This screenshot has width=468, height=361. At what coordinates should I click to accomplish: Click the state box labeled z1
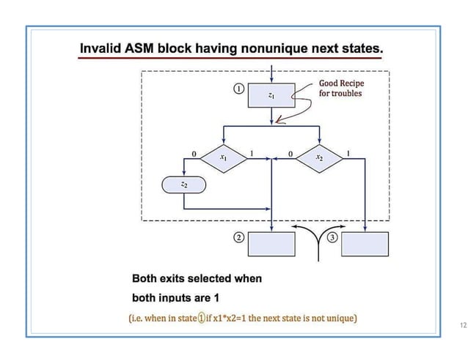(271, 95)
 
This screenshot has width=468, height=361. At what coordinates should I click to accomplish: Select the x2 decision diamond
(319, 157)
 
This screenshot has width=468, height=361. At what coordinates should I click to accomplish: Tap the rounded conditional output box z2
(183, 186)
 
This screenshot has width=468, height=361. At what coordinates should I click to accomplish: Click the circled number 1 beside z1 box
(238, 89)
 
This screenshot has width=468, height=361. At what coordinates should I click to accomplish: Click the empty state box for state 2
(271, 244)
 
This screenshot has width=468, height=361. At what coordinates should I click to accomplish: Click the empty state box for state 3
(365, 244)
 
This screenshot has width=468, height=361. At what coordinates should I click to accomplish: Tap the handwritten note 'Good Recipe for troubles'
(340, 89)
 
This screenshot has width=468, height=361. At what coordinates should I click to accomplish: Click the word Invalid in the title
(100, 48)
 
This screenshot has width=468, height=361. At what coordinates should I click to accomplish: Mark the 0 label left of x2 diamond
(290, 154)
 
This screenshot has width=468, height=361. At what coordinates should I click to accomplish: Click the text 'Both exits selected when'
(196, 279)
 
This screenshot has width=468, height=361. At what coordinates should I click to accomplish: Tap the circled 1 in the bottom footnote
(200, 319)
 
